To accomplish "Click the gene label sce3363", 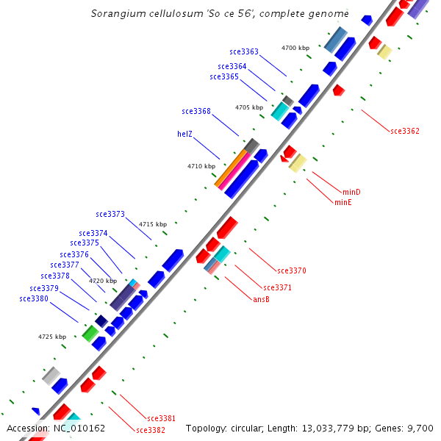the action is point(244,51).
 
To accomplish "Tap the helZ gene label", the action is point(184,134).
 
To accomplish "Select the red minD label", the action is point(352,192).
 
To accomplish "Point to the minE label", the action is point(343,202).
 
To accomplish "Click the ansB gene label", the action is point(261,299).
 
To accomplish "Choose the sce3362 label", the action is point(405,131).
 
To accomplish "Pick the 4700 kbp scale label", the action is point(295,48).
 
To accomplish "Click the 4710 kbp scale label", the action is point(201,166).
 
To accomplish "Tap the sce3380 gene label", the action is point(34,298).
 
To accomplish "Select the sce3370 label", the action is point(292,270).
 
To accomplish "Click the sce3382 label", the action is point(151,429).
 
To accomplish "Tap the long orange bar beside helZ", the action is point(231,168).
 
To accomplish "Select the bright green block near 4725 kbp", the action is point(90,333).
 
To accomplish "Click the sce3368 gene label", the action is point(196,111).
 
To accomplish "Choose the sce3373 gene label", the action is point(110,214).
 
